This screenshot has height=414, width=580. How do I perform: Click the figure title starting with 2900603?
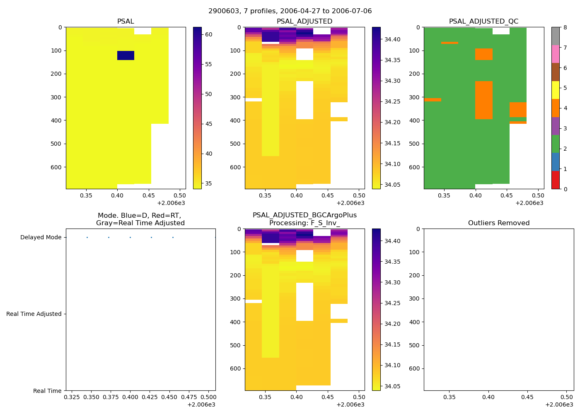[290, 11]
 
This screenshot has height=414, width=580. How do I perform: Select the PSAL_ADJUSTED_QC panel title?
[483, 22]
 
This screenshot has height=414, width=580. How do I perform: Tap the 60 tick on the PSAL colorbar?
[208, 34]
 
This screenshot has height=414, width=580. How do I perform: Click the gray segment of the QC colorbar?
[555, 36]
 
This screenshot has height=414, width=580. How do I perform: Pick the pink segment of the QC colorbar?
[555, 54]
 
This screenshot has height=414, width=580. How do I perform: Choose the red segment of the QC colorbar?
[555, 180]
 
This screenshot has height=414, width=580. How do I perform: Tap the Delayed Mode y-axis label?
[41, 238]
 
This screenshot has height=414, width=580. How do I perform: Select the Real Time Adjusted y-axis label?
[34, 314]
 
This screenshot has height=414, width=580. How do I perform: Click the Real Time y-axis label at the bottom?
[47, 391]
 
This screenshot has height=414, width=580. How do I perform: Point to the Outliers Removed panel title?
[499, 223]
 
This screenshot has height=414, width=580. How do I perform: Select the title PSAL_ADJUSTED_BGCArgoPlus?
[304, 215]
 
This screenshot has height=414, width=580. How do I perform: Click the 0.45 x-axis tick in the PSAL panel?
[148, 195]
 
